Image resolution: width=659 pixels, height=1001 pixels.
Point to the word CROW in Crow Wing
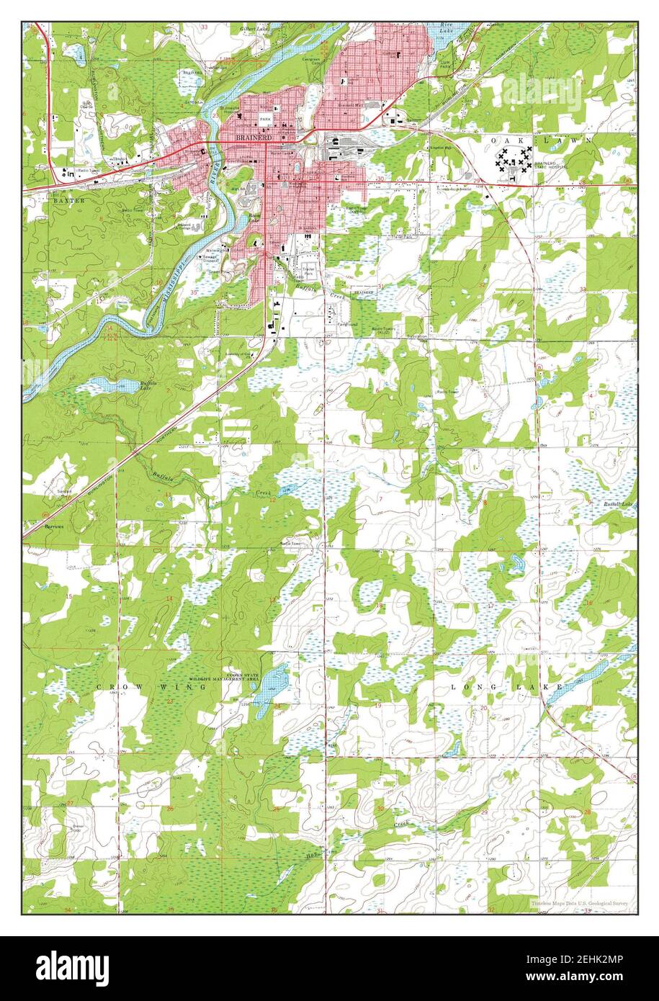click(114, 688)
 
